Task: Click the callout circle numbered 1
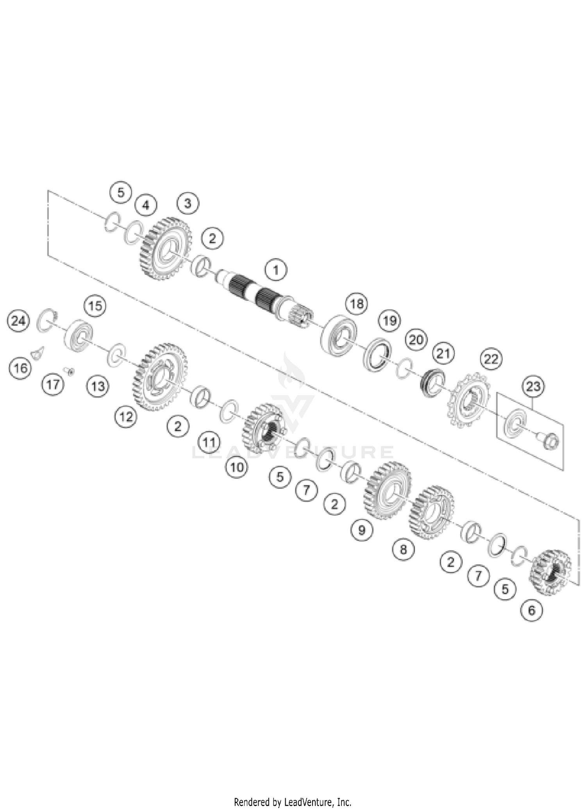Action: tap(276, 270)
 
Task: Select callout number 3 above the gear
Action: tap(188, 203)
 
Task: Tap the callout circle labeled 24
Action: tap(18, 321)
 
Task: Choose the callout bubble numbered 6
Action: tap(532, 610)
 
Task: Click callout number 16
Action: tap(21, 368)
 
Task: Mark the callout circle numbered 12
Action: tap(126, 417)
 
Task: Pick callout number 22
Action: tap(491, 359)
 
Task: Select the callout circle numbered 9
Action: tap(361, 530)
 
